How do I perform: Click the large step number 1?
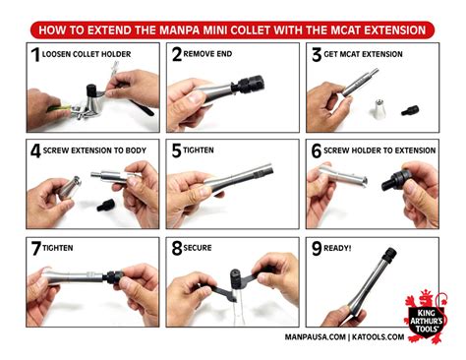35,54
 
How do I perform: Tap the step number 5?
176,150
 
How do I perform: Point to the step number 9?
317,248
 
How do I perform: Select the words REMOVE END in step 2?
207,54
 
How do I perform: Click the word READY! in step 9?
337,248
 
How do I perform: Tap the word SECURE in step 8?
198,248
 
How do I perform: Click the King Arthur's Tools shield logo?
426,317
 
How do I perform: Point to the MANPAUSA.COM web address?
315,337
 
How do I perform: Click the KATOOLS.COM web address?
379,337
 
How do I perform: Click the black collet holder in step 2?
248,85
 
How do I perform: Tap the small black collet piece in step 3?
410,110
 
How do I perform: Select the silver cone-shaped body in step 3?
379,107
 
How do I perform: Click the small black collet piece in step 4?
106,205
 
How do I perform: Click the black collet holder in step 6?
396,180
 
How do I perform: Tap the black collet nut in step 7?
113,277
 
